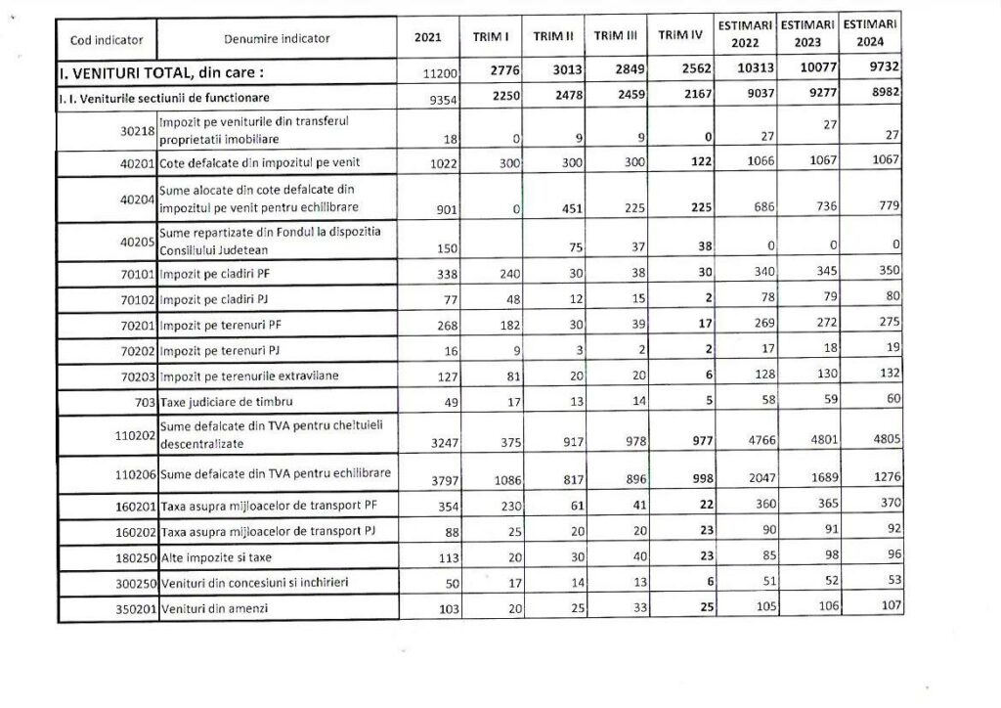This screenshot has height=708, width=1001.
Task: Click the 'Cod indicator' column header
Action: click(x=107, y=39)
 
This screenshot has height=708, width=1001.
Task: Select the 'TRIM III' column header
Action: click(x=616, y=36)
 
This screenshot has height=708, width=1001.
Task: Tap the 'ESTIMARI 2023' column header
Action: click(x=807, y=33)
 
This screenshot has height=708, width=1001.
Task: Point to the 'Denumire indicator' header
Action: click(x=277, y=39)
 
